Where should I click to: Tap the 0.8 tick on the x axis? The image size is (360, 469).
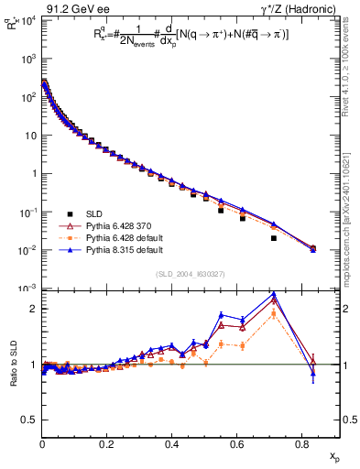(301, 444)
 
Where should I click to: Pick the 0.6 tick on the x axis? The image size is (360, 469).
(236, 444)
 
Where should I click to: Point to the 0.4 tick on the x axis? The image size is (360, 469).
(171, 444)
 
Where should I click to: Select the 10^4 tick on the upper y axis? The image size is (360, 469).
(27, 19)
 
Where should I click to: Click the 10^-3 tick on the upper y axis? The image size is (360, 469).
(27, 289)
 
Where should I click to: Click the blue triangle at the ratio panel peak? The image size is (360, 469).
(274, 295)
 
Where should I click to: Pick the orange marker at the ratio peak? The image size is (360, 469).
(274, 313)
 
